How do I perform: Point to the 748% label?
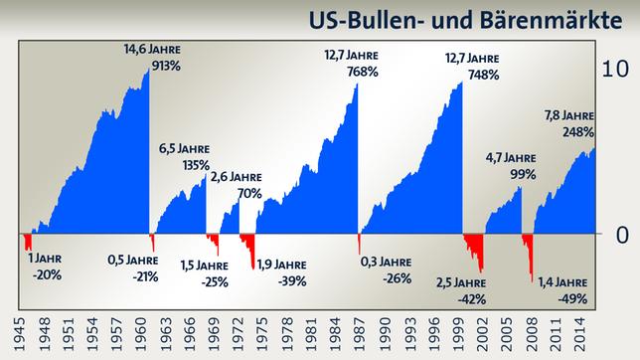pyautogui.click(x=472, y=75)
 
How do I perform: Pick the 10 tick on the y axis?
pyautogui.click(x=617, y=70)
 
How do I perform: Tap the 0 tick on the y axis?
pyautogui.click(x=621, y=235)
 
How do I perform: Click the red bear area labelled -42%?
pyautogui.click(x=474, y=248)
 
